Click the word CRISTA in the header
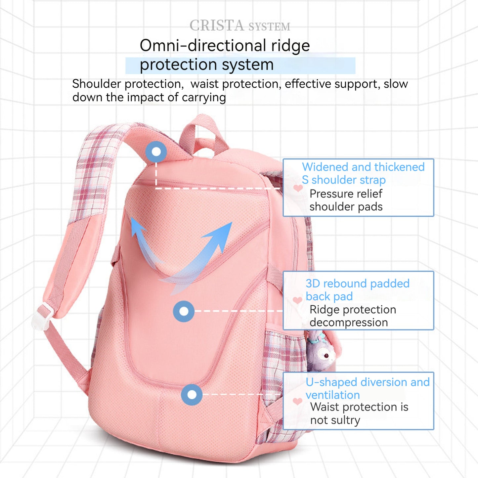(217, 25)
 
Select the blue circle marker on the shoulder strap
(156, 152)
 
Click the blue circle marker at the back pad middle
(184, 311)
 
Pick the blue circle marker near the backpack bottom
(192, 394)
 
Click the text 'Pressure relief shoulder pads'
(346, 200)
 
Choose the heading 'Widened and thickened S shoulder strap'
(363, 173)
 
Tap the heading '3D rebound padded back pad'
(357, 290)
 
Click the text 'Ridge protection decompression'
(353, 316)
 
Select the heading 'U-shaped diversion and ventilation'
(367, 388)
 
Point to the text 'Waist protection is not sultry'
(359, 413)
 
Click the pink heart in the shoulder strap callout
(298, 188)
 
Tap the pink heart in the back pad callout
(297, 300)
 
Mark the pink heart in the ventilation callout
(297, 401)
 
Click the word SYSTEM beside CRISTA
(269, 27)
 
